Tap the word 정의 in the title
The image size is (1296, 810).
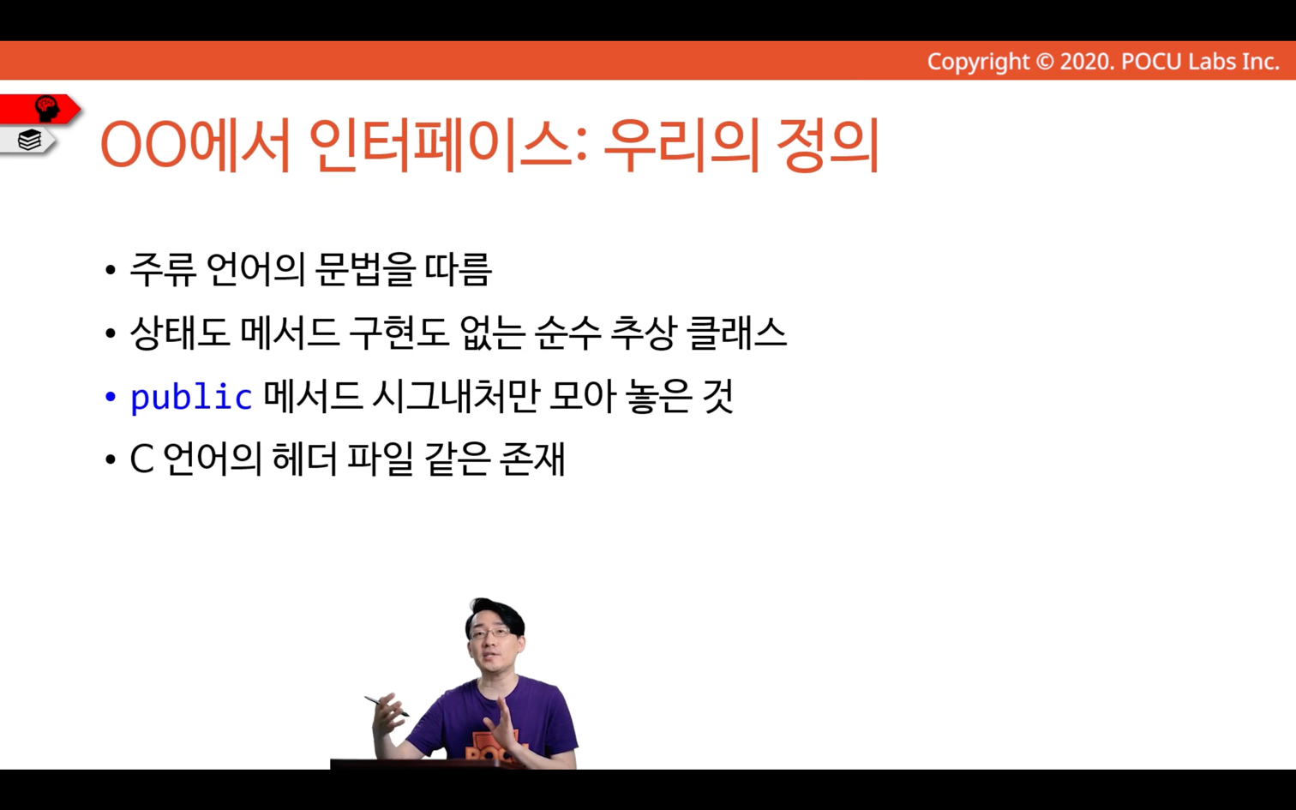coord(827,145)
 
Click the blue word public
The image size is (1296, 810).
coord(191,397)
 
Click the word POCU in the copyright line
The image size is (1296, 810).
coord(1151,62)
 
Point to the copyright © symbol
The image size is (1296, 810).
coord(1045,62)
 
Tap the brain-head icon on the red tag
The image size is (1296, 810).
coord(47,109)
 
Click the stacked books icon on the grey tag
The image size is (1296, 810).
coord(29,140)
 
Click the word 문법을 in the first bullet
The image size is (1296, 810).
coord(365,270)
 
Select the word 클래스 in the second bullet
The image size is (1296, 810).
coord(736,333)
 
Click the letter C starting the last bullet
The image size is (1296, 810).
coord(141,460)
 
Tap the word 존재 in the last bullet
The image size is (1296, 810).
coord(531,460)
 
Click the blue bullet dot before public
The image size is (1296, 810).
coord(111,397)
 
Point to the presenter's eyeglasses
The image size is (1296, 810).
coord(490,633)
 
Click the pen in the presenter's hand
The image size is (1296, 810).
coord(387,706)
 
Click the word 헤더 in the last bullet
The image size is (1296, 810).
coord(304,460)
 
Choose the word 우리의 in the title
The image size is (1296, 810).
coord(681,145)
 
